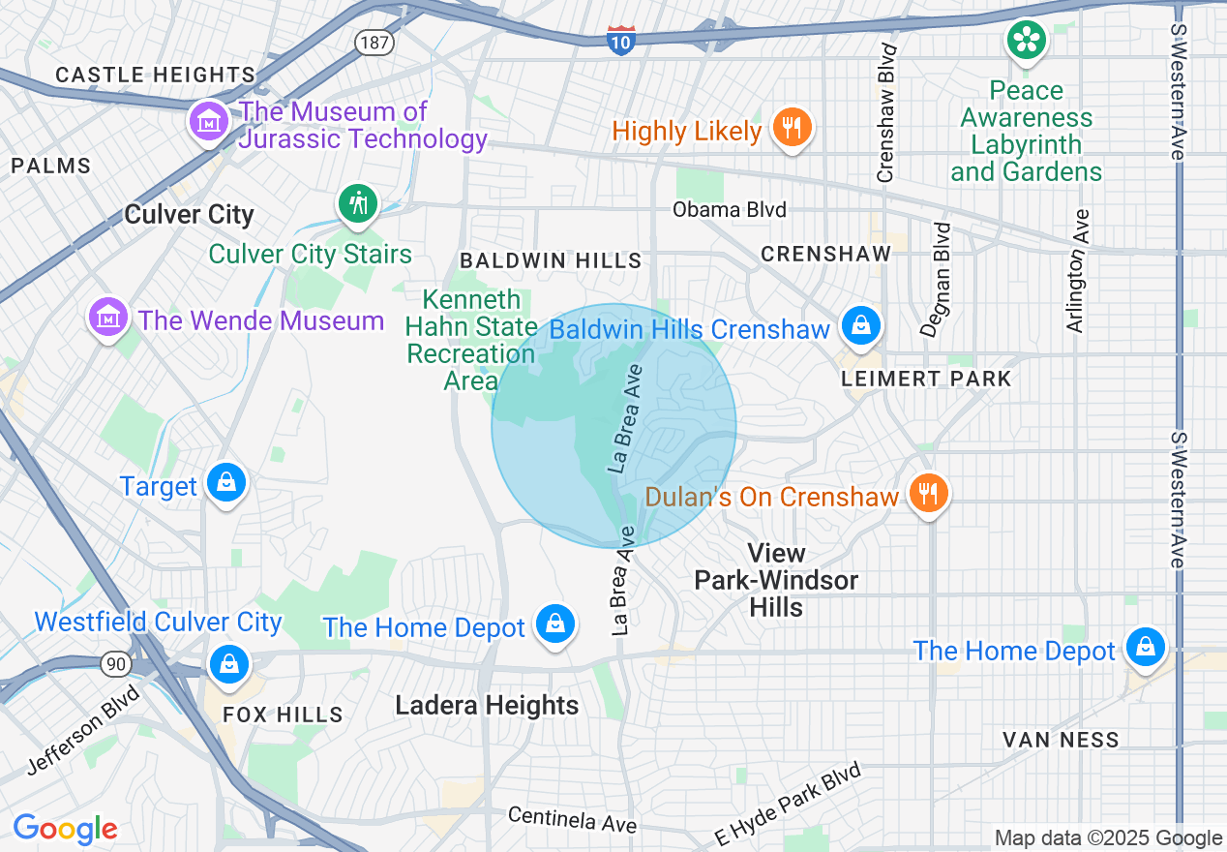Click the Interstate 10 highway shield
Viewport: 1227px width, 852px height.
pyautogui.click(x=621, y=40)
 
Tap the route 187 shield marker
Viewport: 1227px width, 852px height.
pyautogui.click(x=372, y=42)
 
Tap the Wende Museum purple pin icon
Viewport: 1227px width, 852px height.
pyautogui.click(x=108, y=317)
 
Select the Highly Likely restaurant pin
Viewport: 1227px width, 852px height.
pyautogui.click(x=793, y=127)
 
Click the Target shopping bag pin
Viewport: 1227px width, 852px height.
pyautogui.click(x=226, y=481)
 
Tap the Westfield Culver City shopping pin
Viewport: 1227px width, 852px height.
pyautogui.click(x=229, y=664)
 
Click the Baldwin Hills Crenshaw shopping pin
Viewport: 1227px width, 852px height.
pyautogui.click(x=860, y=326)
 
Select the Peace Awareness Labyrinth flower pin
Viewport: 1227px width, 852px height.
pyautogui.click(x=1026, y=41)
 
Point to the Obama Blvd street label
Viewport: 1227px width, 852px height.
pyautogui.click(x=730, y=209)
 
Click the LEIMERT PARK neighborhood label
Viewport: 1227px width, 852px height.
pyautogui.click(x=926, y=379)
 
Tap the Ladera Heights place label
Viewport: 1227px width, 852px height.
pyautogui.click(x=487, y=705)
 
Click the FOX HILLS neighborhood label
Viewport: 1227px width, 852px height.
pyautogui.click(x=283, y=715)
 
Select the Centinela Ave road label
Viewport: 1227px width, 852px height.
pyautogui.click(x=573, y=819)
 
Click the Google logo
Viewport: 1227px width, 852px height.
pyautogui.click(x=65, y=829)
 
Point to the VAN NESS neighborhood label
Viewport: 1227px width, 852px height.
pyautogui.click(x=1061, y=740)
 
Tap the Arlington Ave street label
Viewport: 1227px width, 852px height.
pyautogui.click(x=1076, y=271)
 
